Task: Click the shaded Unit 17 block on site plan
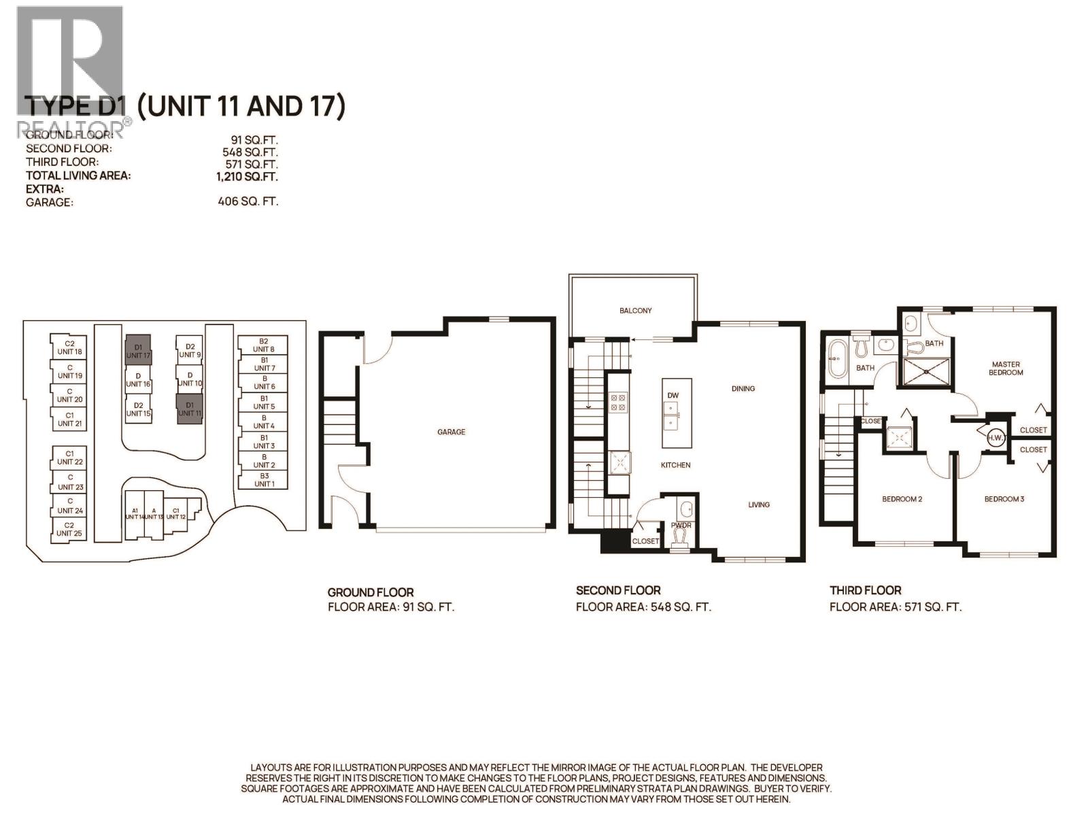tap(138, 350)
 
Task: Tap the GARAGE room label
tap(452, 432)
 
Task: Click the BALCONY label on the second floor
tap(635, 310)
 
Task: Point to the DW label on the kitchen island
tap(673, 395)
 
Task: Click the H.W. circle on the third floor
tap(996, 437)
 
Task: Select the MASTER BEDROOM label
tap(1006, 368)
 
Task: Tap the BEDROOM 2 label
tap(902, 499)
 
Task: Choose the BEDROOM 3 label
tap(1004, 499)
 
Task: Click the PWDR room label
tap(681, 525)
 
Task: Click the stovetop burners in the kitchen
tap(619, 402)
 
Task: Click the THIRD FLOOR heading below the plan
tap(865, 590)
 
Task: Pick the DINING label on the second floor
tap(743, 389)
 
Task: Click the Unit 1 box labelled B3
tap(264, 480)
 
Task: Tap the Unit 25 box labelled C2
tap(69, 529)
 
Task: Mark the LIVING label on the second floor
tap(759, 505)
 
